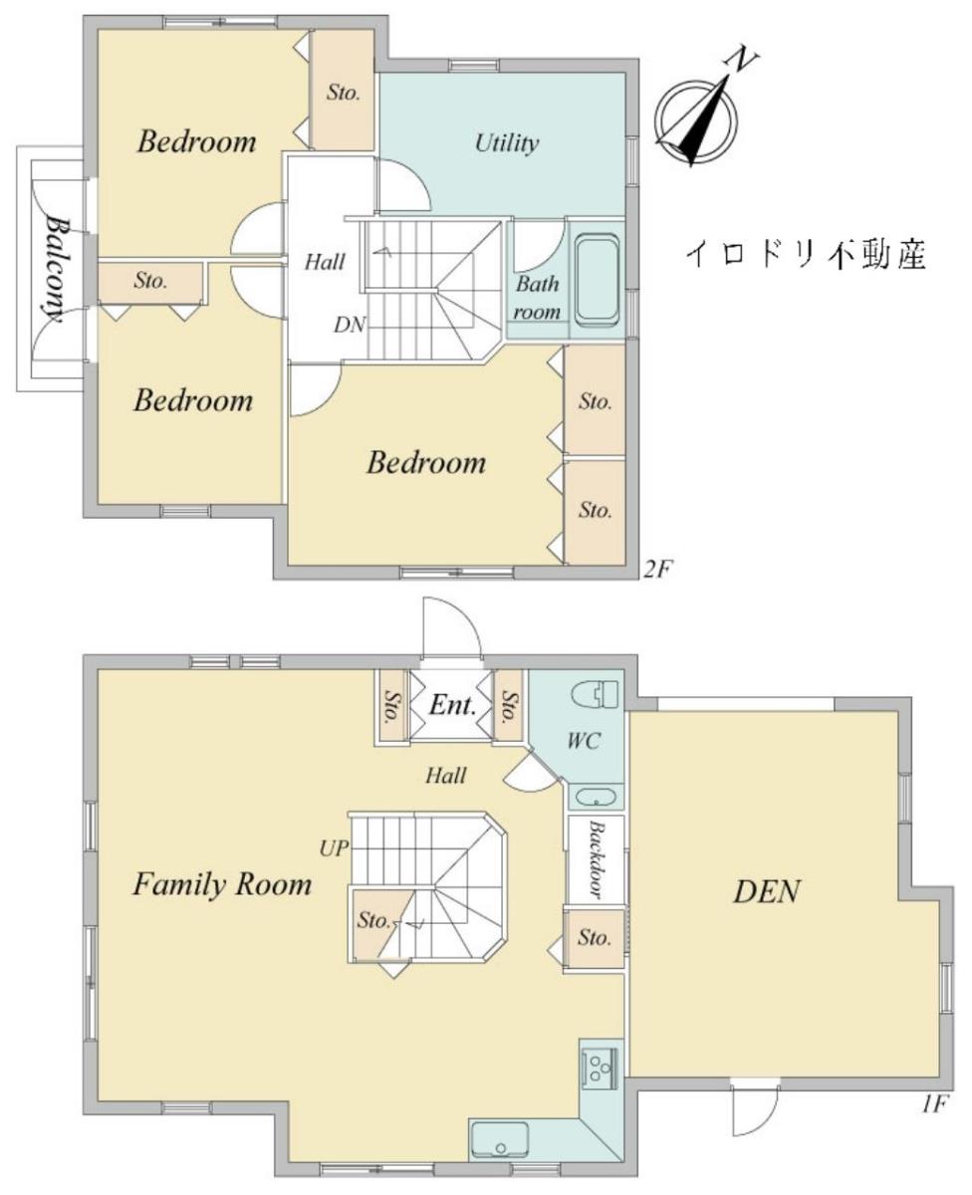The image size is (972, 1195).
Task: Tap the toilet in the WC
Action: pyautogui.click(x=595, y=693)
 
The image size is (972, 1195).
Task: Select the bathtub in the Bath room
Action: pyautogui.click(x=598, y=282)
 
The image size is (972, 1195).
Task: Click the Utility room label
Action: pyautogui.click(x=507, y=143)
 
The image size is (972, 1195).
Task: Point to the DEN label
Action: pyautogui.click(x=766, y=892)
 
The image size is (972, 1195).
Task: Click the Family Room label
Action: pyautogui.click(x=222, y=884)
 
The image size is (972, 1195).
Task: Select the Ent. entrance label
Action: pyautogui.click(x=452, y=705)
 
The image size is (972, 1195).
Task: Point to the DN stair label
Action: pyautogui.click(x=350, y=325)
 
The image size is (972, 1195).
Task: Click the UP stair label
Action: pyautogui.click(x=334, y=848)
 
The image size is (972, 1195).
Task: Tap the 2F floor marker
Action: pyautogui.click(x=656, y=571)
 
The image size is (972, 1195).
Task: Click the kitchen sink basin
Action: pyautogui.click(x=499, y=1139)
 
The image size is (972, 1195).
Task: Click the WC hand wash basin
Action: pyautogui.click(x=596, y=798)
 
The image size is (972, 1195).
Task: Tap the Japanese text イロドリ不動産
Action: pyautogui.click(x=806, y=254)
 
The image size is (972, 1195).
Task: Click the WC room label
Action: pyautogui.click(x=584, y=741)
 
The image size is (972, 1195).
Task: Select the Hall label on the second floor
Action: pyautogui.click(x=325, y=262)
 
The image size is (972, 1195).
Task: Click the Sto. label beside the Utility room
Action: pyautogui.click(x=344, y=92)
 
